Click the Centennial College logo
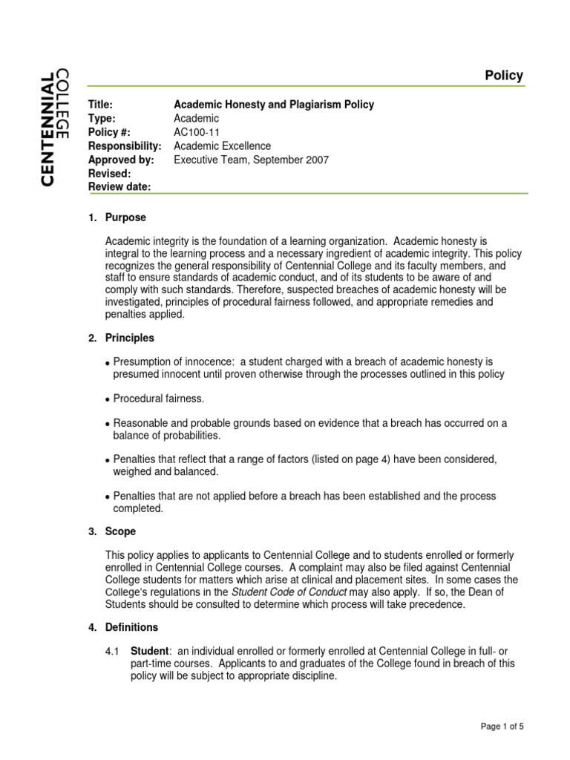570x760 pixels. tap(56, 127)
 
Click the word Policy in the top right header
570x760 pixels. tap(504, 76)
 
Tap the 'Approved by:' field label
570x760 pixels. tap(121, 160)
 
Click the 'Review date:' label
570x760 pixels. tap(119, 187)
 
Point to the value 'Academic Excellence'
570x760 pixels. tap(222, 146)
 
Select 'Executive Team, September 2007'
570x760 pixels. tap(251, 160)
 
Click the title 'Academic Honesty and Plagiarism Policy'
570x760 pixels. tap(273, 105)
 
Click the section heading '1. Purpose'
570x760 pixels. tap(117, 217)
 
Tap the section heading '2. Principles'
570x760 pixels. tap(121, 338)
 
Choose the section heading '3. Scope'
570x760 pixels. tap(112, 531)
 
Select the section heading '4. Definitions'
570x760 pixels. tap(123, 627)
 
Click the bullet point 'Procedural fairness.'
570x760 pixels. tap(158, 399)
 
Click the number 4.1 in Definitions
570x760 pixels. tap(112, 651)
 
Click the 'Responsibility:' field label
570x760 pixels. tap(125, 146)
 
